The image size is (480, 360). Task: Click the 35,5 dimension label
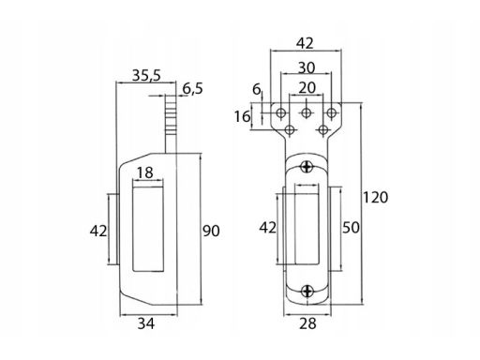(146, 75)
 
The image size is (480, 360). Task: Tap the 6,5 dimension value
(193, 88)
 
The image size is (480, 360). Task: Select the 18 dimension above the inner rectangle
(145, 172)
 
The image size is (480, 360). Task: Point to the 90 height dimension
(211, 231)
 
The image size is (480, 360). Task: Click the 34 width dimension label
(146, 323)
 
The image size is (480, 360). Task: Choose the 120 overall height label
(375, 198)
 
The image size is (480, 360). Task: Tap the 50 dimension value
(351, 228)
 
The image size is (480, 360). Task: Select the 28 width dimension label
(307, 323)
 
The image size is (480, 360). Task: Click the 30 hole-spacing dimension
(307, 67)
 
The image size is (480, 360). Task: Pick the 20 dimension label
(307, 88)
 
